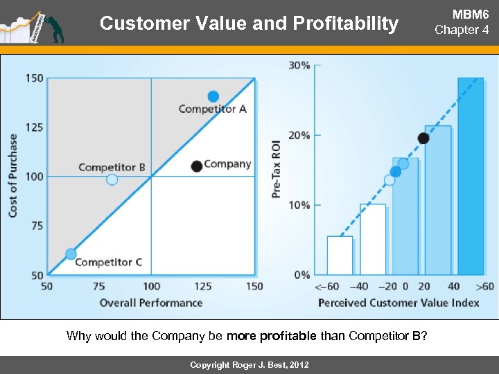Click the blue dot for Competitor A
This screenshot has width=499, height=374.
tap(213, 96)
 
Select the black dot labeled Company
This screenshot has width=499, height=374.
tap(197, 166)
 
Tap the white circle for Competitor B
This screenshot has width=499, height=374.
tap(112, 179)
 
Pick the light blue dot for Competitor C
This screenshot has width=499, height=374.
tap(71, 254)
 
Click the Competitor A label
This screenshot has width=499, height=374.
tap(212, 109)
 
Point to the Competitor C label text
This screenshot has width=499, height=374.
tap(108, 262)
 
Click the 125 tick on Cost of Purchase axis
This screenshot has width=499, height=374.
tap(34, 127)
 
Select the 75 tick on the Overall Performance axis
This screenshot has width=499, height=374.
tap(98, 287)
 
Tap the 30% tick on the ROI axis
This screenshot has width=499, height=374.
tap(299, 65)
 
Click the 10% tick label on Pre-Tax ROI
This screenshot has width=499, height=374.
tap(299, 205)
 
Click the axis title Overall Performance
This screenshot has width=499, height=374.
tap(151, 303)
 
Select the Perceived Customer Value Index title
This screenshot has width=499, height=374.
tap(399, 303)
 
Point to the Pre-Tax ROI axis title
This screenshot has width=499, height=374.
tap(277, 168)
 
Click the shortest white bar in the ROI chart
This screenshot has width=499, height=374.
tap(340, 256)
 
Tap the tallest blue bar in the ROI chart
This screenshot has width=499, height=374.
tap(471, 176)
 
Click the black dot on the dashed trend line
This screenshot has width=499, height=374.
tap(423, 139)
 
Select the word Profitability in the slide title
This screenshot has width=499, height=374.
tap(346, 24)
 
